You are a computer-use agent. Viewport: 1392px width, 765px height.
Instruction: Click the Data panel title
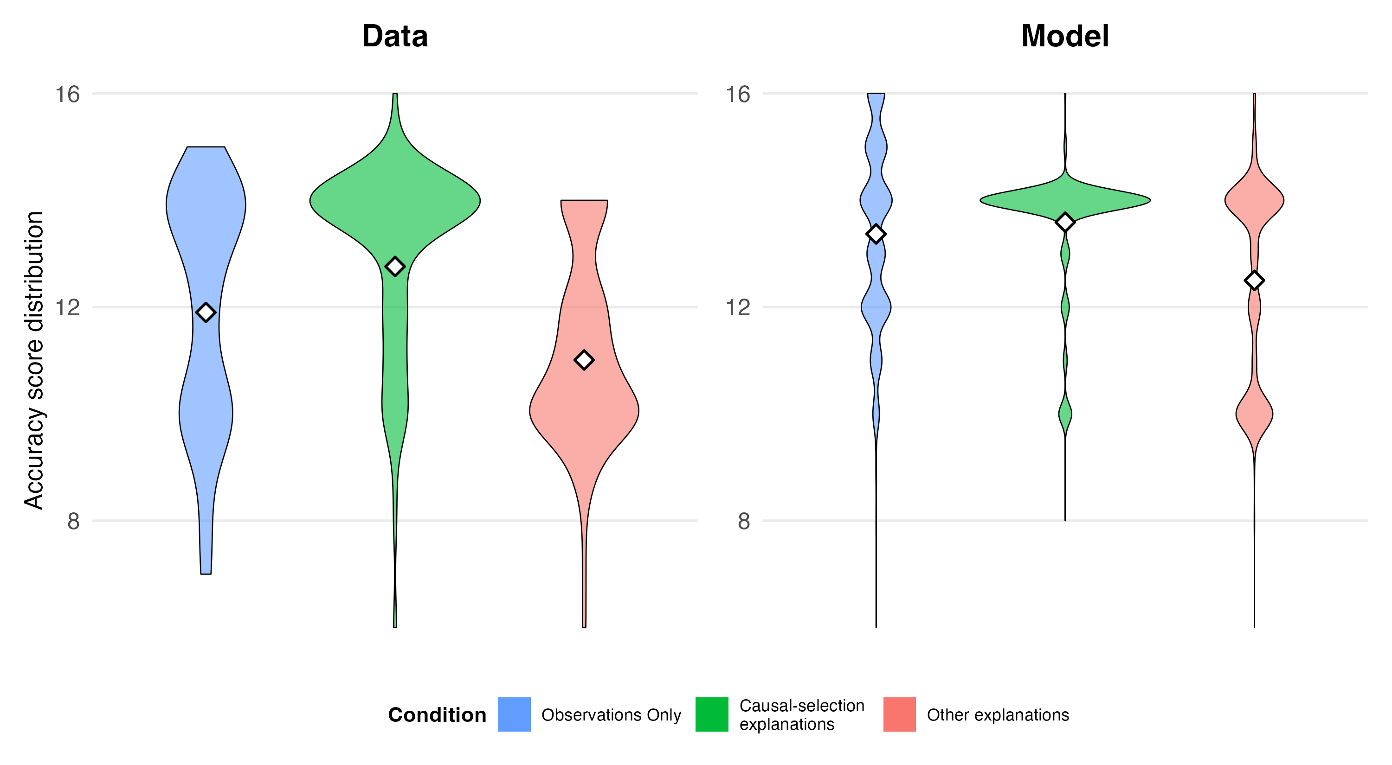[394, 37]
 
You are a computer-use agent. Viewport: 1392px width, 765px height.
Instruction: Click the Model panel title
[1064, 37]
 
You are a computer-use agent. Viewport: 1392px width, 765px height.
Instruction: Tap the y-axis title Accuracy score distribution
[34, 360]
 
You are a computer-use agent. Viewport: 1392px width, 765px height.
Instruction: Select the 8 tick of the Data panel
[73, 522]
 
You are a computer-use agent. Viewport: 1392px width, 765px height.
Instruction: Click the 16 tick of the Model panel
[738, 95]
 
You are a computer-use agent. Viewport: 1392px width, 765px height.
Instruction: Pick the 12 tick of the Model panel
[738, 308]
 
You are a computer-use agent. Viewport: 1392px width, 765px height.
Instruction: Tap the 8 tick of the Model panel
[743, 522]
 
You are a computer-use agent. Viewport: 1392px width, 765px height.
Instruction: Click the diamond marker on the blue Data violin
[206, 312]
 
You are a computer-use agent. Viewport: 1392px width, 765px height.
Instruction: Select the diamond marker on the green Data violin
[395, 266]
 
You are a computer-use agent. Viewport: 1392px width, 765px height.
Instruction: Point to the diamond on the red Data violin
[584, 360]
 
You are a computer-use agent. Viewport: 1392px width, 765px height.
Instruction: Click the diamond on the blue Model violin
[876, 234]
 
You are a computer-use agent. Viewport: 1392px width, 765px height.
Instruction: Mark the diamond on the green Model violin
[1065, 222]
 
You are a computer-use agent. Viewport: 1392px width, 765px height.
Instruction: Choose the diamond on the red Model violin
[1254, 280]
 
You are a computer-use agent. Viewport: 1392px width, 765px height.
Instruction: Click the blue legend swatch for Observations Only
[514, 714]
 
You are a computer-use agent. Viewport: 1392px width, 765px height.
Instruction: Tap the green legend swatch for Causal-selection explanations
[712, 714]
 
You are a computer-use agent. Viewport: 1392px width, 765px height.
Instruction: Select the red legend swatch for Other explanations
[899, 714]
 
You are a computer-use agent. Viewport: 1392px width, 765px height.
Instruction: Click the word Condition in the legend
[437, 715]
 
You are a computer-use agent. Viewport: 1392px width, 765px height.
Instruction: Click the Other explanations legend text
[998, 715]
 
